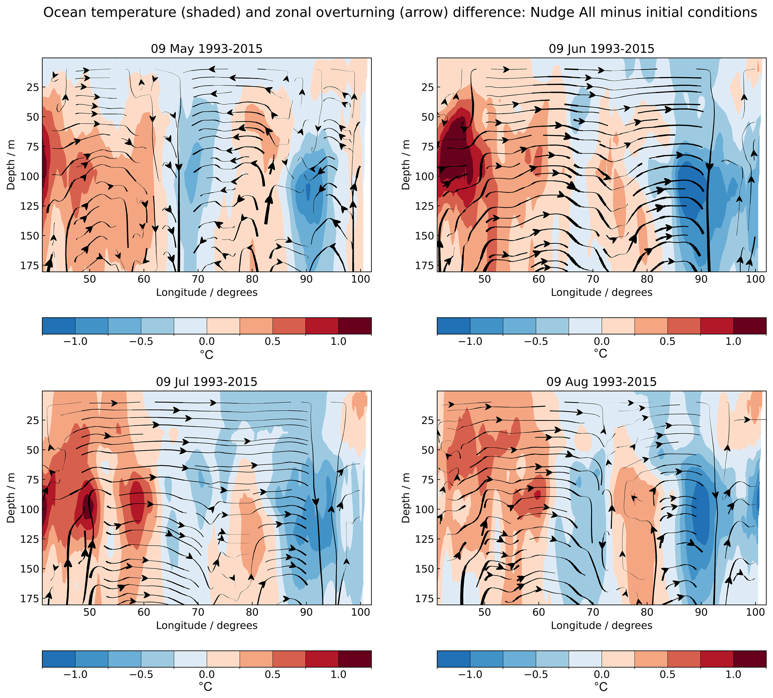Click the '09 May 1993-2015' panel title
pos(206,49)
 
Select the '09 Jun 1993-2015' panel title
pos(601,49)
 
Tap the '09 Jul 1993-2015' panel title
pos(206,382)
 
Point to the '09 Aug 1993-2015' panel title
pos(601,382)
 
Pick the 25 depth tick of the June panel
pos(426,87)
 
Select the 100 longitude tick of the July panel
pos(361,612)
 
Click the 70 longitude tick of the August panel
pos(593,612)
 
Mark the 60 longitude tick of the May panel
pos(144,279)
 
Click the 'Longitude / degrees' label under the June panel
pos(601,293)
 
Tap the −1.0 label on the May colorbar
pos(75,342)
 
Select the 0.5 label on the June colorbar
pos(667,342)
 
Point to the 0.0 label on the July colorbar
pos(207,674)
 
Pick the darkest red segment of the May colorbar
pos(355,326)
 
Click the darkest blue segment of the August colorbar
pos(453,659)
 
